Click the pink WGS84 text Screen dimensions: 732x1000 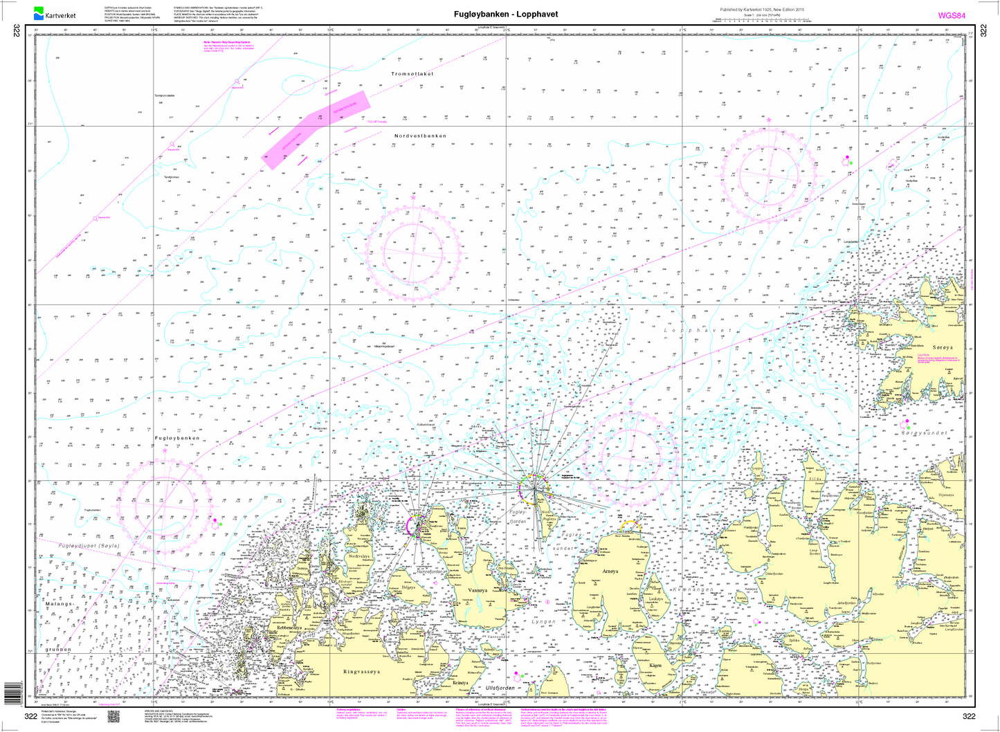pyautogui.click(x=952, y=15)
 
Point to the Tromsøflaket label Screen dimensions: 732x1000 pyautogui.click(x=412, y=74)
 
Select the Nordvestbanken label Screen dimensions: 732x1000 pyautogui.click(x=421, y=136)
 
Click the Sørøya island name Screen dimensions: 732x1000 pyautogui.click(x=943, y=347)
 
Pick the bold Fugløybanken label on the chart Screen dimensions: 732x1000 pyautogui.click(x=176, y=439)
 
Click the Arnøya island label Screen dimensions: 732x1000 pyautogui.click(x=610, y=571)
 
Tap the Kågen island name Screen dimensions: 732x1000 pyautogui.click(x=656, y=666)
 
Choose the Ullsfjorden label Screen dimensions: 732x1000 pyautogui.click(x=501, y=688)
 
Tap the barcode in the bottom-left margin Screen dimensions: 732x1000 pyautogui.click(x=12, y=692)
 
